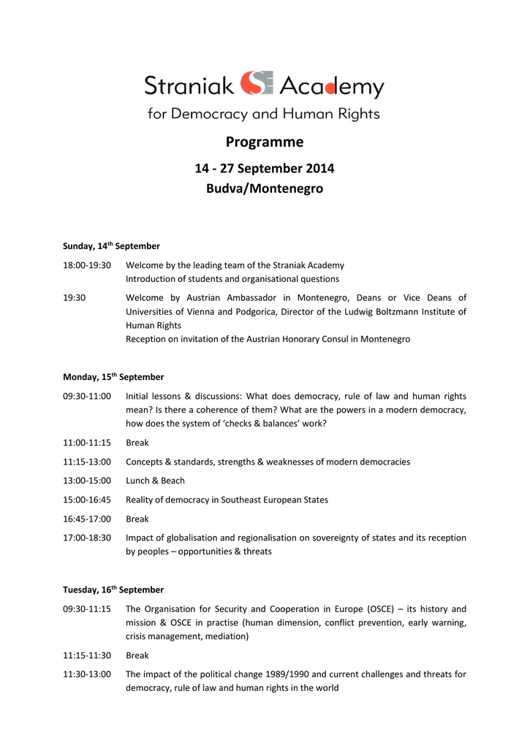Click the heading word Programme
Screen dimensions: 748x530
[x=264, y=142]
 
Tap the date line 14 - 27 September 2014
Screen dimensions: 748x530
[x=264, y=169]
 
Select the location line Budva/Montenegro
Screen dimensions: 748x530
[x=264, y=189]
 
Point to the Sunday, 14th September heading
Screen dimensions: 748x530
[x=111, y=246]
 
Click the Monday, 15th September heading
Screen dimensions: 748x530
[x=113, y=377]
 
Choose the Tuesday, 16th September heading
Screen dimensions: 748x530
[x=113, y=589]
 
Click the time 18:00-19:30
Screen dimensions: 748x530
[x=87, y=265]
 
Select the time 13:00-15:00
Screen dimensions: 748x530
[x=87, y=481]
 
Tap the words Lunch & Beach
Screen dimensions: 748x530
[x=155, y=481]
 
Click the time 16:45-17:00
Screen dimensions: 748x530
[x=87, y=519]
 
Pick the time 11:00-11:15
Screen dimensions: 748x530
[x=87, y=443]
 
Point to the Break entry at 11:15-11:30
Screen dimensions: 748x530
[x=137, y=655]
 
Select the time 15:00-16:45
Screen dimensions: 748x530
[x=87, y=500]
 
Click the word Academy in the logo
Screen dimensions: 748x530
[x=331, y=87]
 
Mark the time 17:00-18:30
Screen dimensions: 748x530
[x=87, y=538]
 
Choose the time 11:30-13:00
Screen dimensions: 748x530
[x=87, y=674]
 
